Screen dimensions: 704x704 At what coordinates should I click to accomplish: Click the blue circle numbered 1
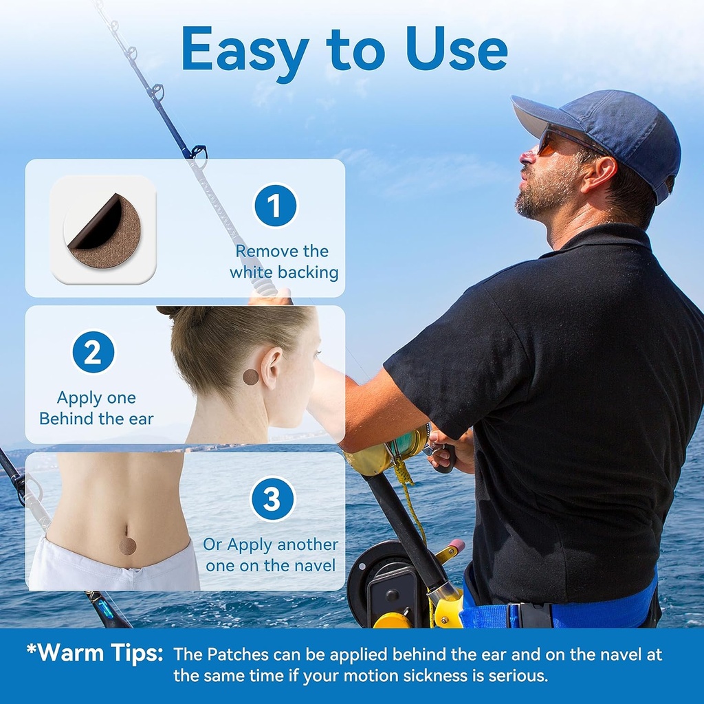(x=276, y=206)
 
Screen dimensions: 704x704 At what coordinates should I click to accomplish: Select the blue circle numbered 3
(x=272, y=498)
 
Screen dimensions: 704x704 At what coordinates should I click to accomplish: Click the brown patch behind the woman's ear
(x=251, y=377)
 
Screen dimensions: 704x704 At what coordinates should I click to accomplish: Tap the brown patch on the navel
(x=128, y=547)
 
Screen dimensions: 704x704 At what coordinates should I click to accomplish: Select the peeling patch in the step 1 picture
(x=103, y=230)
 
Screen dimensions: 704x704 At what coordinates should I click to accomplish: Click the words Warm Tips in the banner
(x=95, y=653)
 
